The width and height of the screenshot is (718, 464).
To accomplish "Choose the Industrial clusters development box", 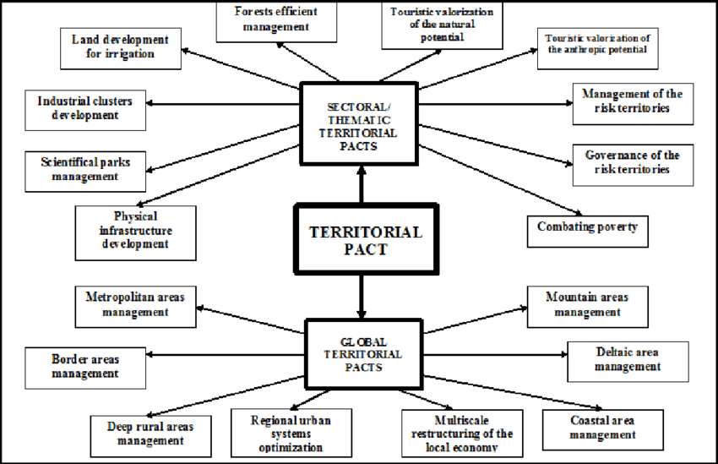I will pyautogui.click(x=84, y=108).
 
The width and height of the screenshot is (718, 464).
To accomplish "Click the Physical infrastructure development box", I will pyautogui.click(x=135, y=230).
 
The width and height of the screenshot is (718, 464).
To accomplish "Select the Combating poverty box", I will pyautogui.click(x=587, y=227).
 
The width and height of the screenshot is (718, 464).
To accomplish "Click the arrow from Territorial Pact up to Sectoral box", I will pyautogui.click(x=361, y=184).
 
